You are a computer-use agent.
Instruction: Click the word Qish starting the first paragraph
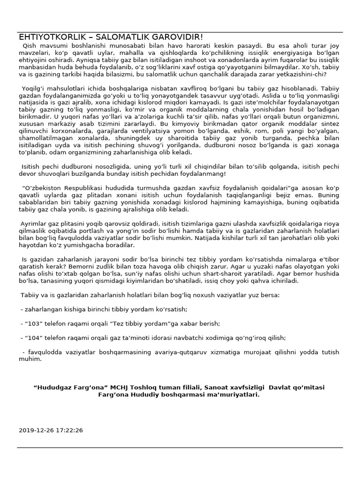(x=30, y=47)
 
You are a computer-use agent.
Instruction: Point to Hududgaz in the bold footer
(x=53, y=387)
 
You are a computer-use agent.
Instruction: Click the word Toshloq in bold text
(x=152, y=387)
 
